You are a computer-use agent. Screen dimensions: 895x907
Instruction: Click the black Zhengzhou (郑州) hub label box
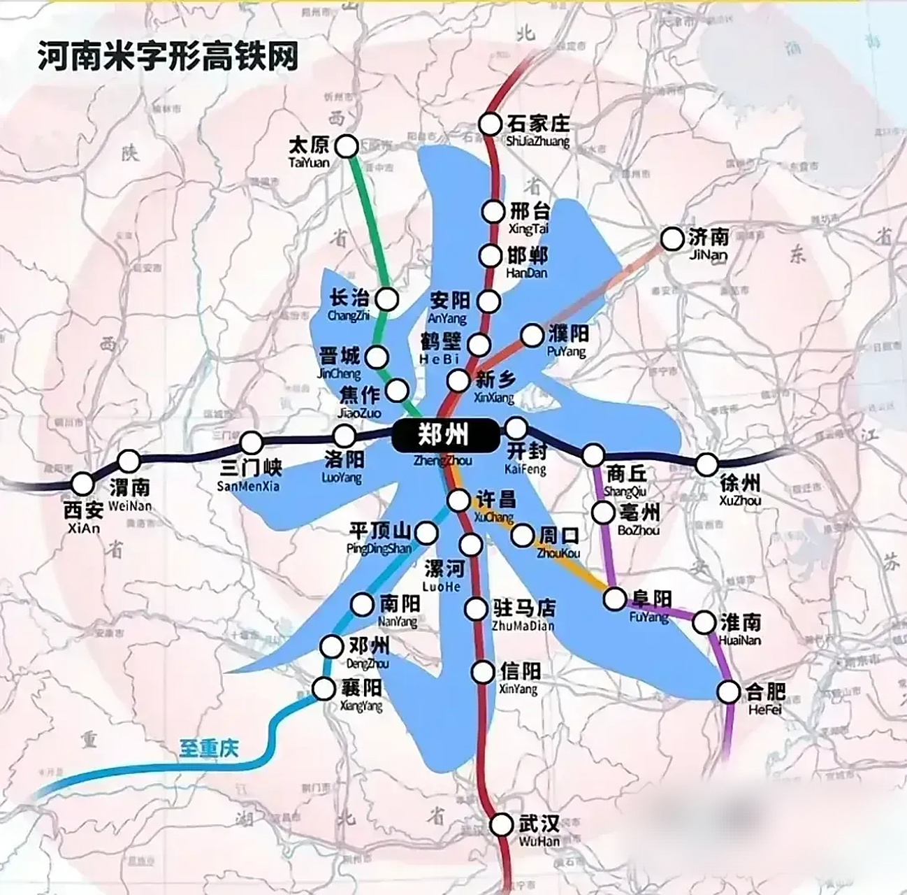click(442, 436)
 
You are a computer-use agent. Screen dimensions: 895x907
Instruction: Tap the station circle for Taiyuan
click(347, 146)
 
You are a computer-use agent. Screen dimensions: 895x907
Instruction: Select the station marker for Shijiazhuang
click(491, 124)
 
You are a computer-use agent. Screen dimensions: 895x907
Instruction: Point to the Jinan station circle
click(672, 239)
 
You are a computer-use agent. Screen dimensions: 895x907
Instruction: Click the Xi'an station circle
click(83, 483)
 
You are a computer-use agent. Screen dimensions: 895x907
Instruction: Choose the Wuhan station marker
click(501, 825)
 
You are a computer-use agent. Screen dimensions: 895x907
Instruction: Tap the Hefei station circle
click(729, 692)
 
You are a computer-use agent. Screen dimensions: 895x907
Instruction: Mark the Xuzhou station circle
click(707, 464)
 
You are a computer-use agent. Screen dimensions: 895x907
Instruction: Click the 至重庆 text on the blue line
click(208, 750)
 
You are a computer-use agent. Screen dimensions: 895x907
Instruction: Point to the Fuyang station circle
click(616, 599)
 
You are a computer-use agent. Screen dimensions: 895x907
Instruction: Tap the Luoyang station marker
click(344, 436)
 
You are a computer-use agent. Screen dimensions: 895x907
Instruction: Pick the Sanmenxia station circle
click(252, 443)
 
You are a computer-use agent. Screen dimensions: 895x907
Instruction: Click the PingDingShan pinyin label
click(379, 549)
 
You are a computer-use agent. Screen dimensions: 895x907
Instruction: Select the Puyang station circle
click(532, 336)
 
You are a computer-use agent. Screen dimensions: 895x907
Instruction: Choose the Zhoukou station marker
click(522, 536)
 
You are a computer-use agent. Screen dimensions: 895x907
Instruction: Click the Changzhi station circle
click(386, 299)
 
